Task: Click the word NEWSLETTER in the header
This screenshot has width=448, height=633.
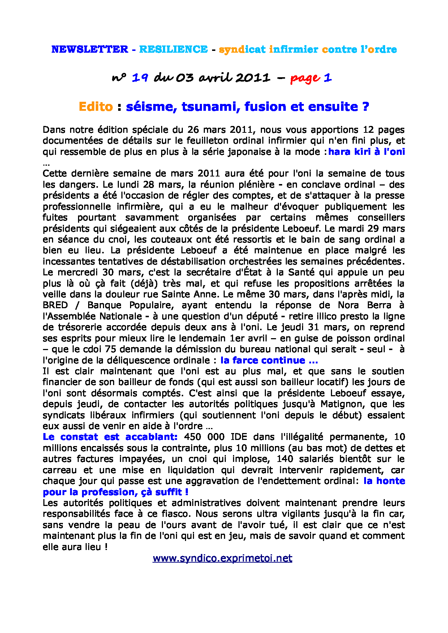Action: click(90, 49)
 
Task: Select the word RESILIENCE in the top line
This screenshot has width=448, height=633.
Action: click(173, 49)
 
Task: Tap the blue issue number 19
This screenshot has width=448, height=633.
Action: click(140, 78)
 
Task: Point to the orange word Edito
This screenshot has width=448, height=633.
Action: click(96, 106)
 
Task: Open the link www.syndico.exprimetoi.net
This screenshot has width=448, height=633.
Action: click(222, 558)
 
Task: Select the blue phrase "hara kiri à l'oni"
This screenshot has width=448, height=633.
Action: click(366, 152)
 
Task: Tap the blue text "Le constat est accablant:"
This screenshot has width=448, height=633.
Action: click(110, 437)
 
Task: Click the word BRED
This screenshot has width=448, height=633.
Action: click(55, 305)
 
